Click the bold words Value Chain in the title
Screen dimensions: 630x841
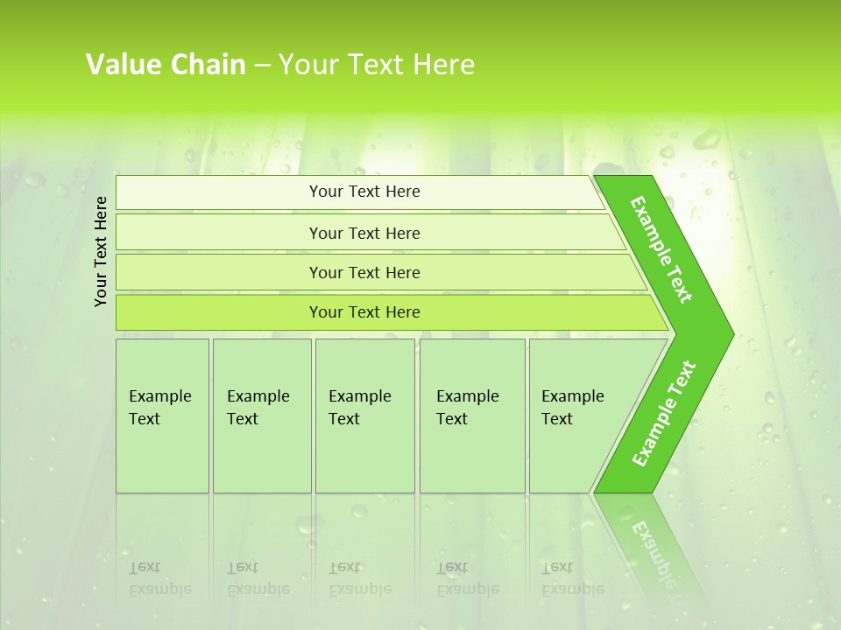click(x=166, y=65)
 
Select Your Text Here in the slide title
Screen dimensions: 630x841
click(x=377, y=65)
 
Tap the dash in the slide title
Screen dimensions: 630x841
click(x=262, y=66)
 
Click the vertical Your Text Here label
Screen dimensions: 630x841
click(x=102, y=251)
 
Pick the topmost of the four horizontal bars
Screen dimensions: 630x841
click(x=364, y=192)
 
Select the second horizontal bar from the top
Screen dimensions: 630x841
click(x=364, y=233)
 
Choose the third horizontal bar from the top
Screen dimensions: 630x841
click(x=364, y=272)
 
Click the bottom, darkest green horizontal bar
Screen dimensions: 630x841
click(x=364, y=312)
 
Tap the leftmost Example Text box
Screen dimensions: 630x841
click(x=162, y=415)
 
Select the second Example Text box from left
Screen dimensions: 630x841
click(x=261, y=415)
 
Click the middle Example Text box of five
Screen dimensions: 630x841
click(x=364, y=415)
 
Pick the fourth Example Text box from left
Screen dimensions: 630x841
click(x=471, y=415)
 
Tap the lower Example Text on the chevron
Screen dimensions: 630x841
click(x=663, y=414)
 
